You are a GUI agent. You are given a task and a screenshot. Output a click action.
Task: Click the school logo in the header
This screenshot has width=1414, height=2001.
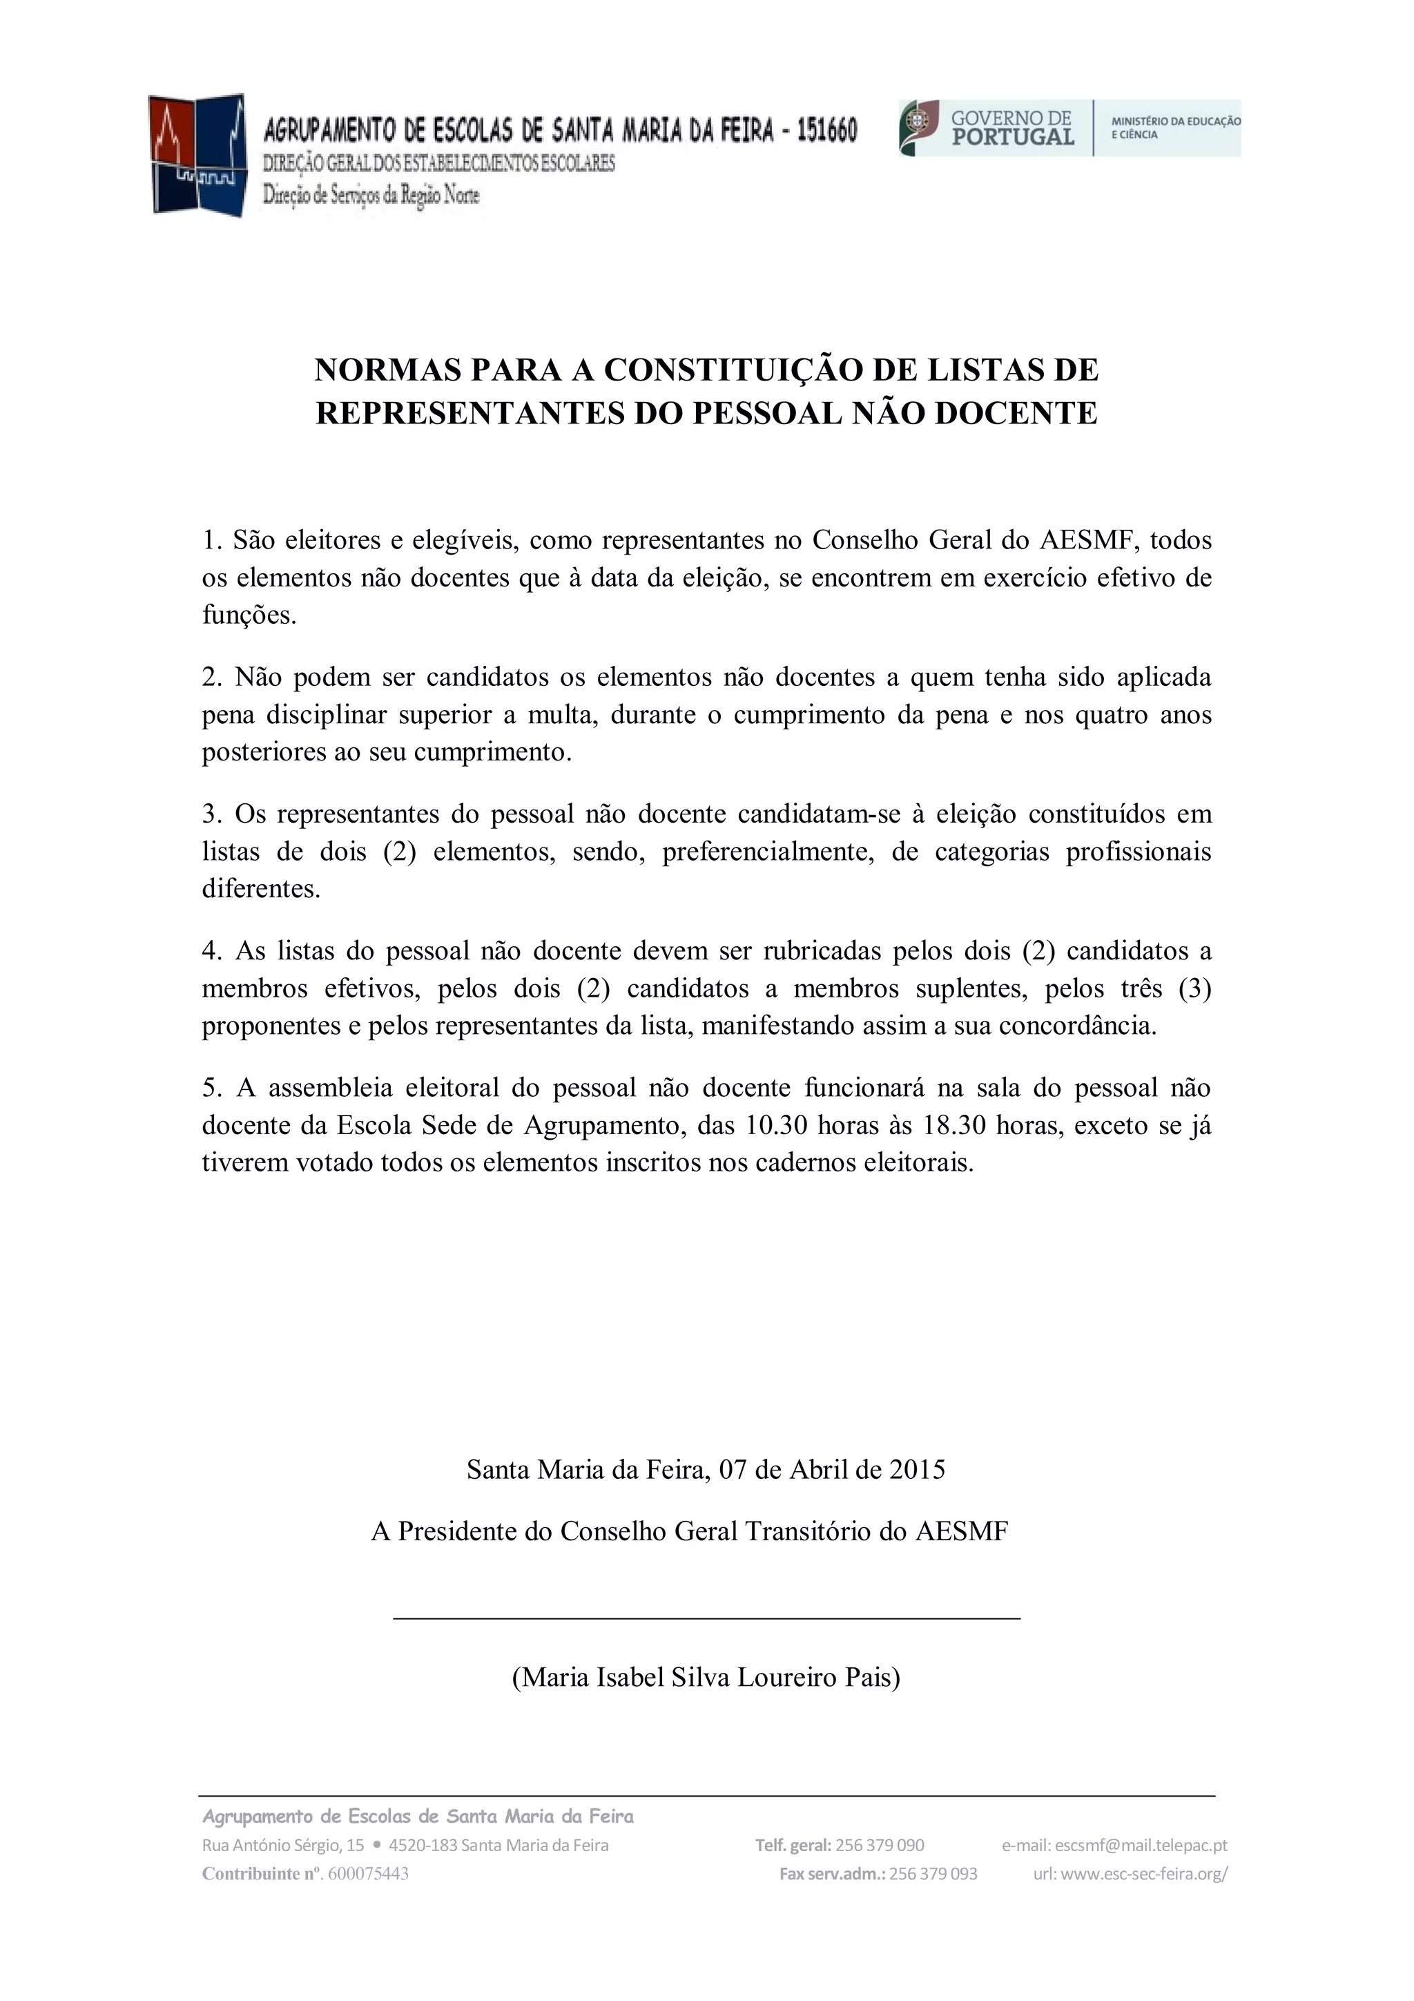point(196,155)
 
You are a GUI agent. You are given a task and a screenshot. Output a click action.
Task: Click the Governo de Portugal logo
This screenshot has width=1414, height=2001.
point(987,128)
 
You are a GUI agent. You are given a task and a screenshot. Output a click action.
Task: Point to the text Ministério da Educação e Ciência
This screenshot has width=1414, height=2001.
point(1175,128)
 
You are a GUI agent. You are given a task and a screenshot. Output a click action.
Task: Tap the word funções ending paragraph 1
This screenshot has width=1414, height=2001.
point(249,615)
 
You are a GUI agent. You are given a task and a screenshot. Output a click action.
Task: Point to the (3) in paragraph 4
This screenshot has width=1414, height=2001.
point(1194,988)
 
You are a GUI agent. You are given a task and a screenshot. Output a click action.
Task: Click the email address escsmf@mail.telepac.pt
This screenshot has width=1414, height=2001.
point(1141,1845)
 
